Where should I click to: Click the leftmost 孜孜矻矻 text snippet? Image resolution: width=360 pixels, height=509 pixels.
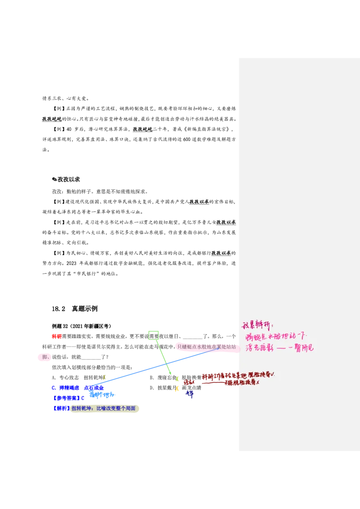52,119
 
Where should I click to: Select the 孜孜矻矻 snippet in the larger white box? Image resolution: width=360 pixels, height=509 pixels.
143,129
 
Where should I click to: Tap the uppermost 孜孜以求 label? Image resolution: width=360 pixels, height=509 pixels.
199,201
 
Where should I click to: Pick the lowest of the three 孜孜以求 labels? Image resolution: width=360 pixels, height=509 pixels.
221,253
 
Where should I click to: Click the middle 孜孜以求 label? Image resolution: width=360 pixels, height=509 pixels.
225,222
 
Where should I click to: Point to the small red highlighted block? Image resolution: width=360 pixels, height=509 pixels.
56,336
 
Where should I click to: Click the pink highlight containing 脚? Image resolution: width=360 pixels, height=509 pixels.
45,357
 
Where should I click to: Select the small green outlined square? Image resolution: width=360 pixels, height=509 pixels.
153,335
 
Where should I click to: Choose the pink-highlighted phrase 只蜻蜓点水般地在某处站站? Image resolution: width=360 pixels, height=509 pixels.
206,347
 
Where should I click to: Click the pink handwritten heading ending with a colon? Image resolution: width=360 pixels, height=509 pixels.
257,325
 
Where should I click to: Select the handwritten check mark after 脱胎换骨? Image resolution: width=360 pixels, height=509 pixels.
273,374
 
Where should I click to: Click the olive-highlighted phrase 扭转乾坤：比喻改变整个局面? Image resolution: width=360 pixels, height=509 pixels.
104,408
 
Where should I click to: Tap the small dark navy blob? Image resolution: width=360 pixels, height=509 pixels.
190,394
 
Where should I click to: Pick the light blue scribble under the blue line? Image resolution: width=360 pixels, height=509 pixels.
102,395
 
